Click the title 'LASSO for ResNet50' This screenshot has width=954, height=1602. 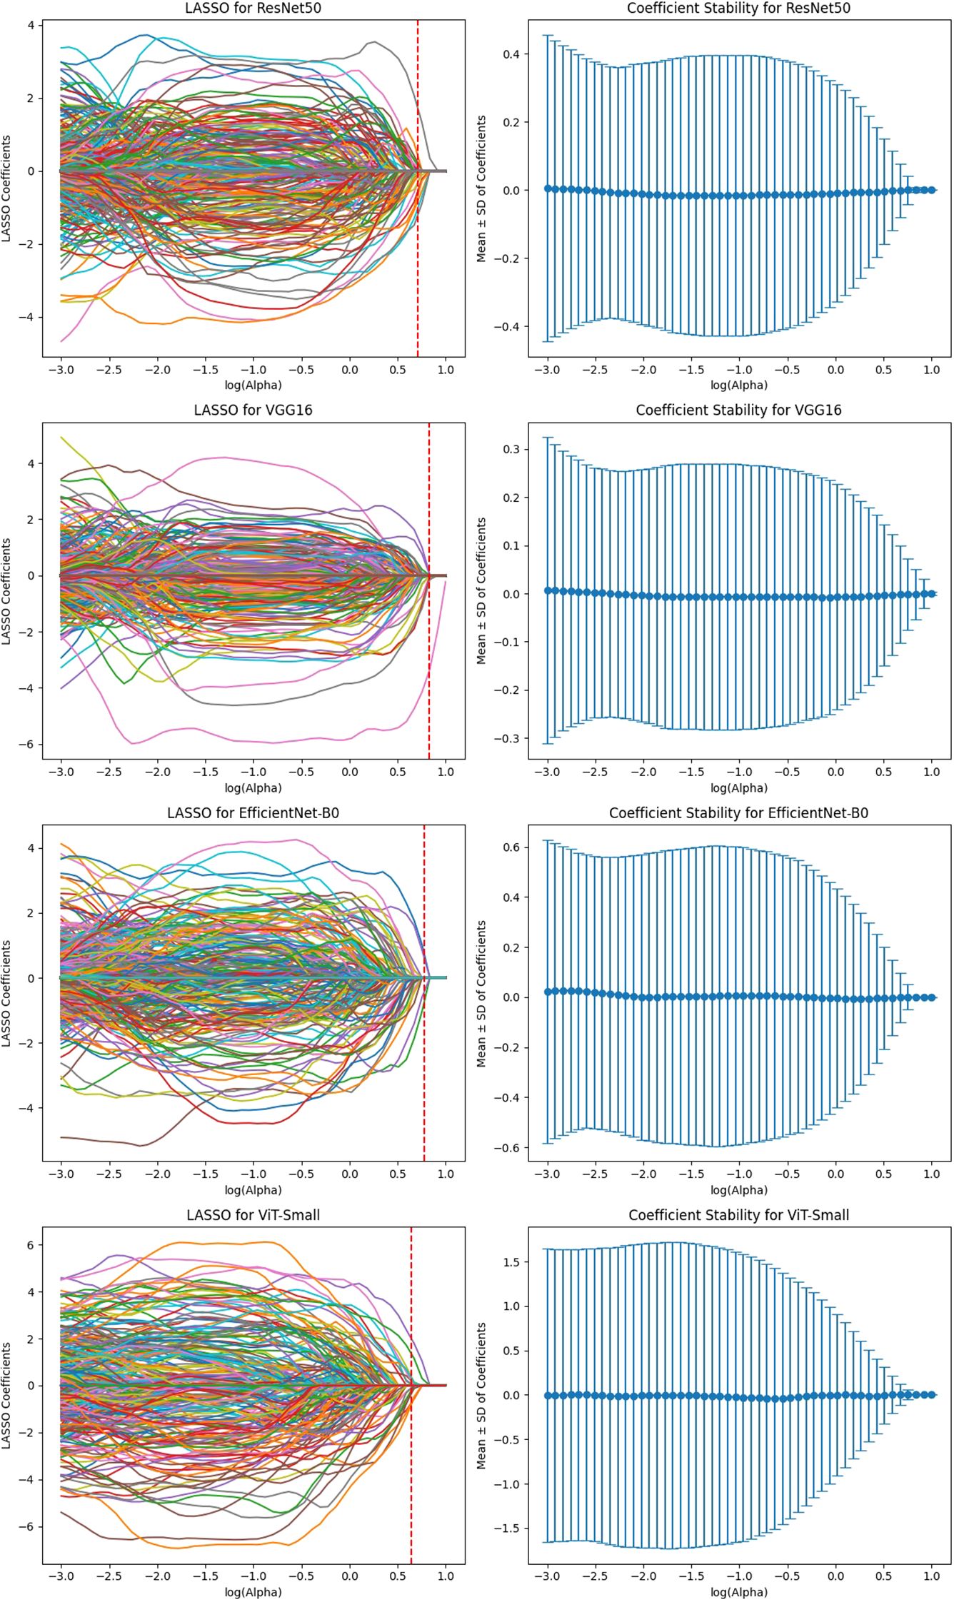pyautogui.click(x=253, y=8)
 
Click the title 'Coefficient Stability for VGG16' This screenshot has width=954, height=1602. pyautogui.click(x=738, y=410)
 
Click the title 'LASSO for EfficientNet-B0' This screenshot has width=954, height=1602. pyautogui.click(x=253, y=812)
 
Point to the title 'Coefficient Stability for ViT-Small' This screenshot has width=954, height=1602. pyautogui.click(x=738, y=1214)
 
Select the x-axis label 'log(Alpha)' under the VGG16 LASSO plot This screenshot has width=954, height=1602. pyautogui.click(x=253, y=788)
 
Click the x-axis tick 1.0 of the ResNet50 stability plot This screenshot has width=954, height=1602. pyautogui.click(x=931, y=370)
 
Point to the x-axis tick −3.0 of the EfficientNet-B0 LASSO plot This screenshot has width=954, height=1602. pyautogui.click(x=61, y=1174)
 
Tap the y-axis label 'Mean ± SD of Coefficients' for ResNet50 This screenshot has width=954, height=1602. pyautogui.click(x=482, y=188)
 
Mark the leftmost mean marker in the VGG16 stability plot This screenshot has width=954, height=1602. pyautogui.click(x=548, y=590)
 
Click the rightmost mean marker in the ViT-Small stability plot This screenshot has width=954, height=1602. pyautogui.click(x=931, y=1394)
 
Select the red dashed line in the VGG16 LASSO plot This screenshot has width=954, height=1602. pyautogui.click(x=429, y=643)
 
